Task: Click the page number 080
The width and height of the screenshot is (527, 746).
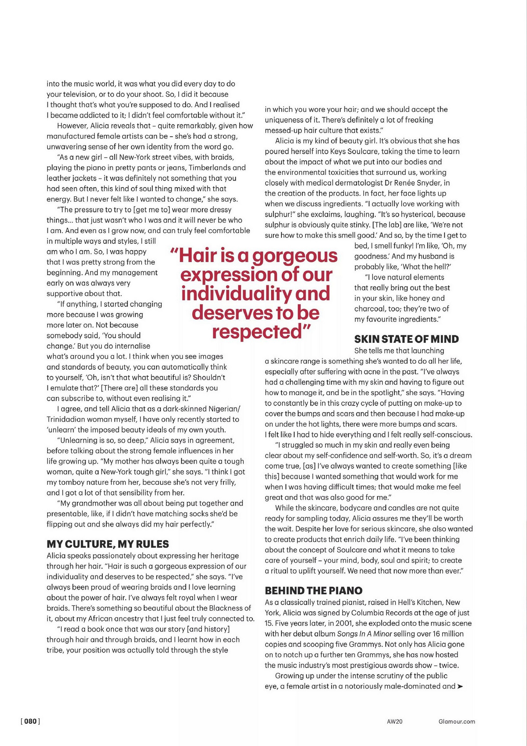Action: pyautogui.click(x=30, y=721)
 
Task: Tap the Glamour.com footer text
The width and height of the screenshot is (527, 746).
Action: pyautogui.click(x=457, y=721)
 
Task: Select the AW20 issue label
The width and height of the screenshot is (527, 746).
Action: pyautogui.click(x=394, y=721)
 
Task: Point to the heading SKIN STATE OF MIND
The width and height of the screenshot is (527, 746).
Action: pyautogui.click(x=406, y=339)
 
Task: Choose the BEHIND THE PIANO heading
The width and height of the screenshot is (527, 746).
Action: pyautogui.click(x=314, y=590)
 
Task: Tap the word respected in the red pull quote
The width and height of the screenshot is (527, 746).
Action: pyautogui.click(x=257, y=331)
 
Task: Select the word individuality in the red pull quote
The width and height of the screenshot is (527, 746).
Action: pyautogui.click(x=236, y=293)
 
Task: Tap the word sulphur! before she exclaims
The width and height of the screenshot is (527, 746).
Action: pyautogui.click(x=279, y=214)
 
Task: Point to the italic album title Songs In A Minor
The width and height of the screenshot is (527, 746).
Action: pyautogui.click(x=364, y=634)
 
